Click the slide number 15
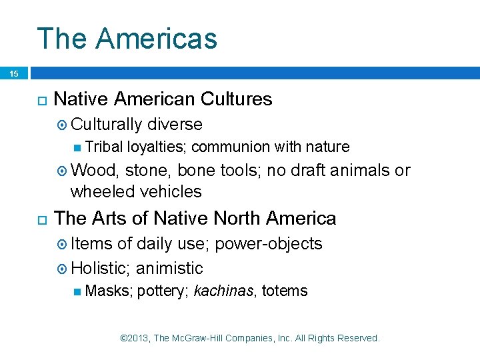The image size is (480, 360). click(x=14, y=74)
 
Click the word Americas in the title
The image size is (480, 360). click(x=156, y=39)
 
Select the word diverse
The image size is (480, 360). click(x=175, y=125)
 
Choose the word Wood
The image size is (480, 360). click(x=94, y=171)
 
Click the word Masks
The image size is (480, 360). click(x=109, y=291)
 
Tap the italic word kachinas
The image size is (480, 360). click(x=224, y=291)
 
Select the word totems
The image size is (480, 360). click(x=285, y=291)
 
